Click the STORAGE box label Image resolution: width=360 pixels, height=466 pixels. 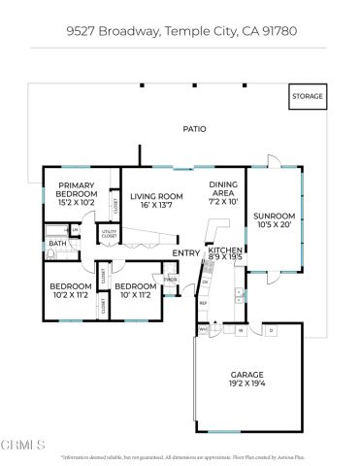coord(308,97)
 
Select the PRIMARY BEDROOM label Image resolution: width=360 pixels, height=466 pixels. coord(76,189)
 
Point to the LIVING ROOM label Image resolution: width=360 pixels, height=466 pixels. coord(157,195)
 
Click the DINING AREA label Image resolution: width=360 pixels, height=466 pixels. coord(223,189)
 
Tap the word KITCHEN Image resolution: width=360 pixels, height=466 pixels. coord(227,250)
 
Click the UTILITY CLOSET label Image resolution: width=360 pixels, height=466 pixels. coord(107,234)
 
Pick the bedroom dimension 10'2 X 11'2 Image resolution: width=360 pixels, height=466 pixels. coord(70,296)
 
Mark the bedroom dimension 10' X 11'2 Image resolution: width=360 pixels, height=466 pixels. coord(132,296)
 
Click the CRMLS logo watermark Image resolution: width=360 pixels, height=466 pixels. coord(23,446)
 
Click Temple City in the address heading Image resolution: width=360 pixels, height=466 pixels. coord(198,31)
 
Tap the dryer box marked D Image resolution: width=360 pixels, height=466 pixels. coord(271,330)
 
